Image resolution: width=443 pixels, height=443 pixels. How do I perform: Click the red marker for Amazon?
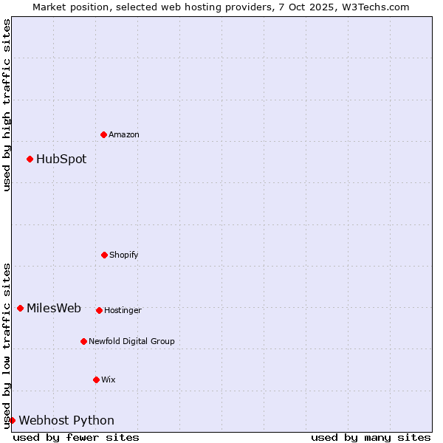[x=103, y=134]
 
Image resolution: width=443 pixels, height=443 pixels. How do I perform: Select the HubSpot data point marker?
[x=30, y=159]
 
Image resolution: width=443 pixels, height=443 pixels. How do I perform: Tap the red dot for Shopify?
[x=104, y=255]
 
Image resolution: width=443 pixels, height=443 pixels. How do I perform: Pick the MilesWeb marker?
[x=20, y=308]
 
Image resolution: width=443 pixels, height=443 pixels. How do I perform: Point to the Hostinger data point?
[x=99, y=310]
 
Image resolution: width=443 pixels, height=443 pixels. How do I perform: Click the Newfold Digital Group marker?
[x=83, y=341]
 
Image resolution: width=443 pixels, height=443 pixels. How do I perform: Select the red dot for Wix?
[x=96, y=380]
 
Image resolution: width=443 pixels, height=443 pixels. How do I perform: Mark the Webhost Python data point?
[x=12, y=420]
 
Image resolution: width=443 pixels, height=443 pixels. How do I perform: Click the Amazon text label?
[x=124, y=134]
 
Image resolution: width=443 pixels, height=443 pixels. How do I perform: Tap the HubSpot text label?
[x=61, y=159]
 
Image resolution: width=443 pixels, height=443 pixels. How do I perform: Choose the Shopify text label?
[x=124, y=255]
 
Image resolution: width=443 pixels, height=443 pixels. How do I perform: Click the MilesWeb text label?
[x=54, y=308]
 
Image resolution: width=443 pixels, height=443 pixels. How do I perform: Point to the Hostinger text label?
[x=123, y=310]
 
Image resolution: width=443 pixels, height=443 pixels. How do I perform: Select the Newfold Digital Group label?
[x=131, y=341]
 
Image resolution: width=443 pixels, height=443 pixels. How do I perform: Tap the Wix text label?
[x=109, y=380]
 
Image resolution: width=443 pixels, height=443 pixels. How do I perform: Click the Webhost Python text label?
[x=66, y=420]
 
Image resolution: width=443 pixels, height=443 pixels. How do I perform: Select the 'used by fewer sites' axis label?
[x=76, y=437]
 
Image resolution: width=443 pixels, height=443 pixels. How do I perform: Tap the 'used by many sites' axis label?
[x=371, y=437]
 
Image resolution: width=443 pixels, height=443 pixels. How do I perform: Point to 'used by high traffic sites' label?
[x=7, y=105]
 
